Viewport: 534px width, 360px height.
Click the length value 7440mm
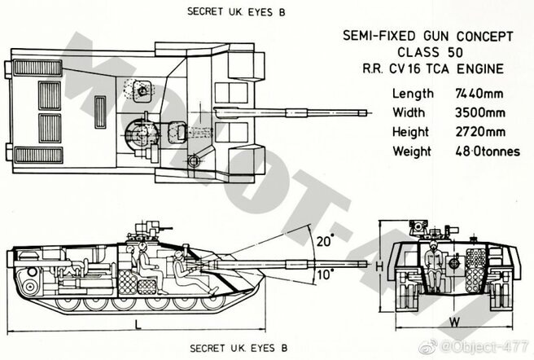pos(479,94)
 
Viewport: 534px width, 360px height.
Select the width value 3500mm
pos(479,112)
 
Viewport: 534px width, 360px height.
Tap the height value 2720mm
pos(480,132)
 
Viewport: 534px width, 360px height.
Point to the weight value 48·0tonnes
pos(488,151)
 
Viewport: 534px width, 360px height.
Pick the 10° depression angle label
pos(325,274)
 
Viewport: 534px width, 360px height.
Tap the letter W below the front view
pos(455,322)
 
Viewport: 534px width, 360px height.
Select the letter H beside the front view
pos(379,266)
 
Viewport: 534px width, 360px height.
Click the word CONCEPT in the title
pos(484,36)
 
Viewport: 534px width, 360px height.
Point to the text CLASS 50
pos(430,52)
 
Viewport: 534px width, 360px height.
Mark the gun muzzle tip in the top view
pos(367,112)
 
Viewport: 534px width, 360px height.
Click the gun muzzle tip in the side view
pos(367,264)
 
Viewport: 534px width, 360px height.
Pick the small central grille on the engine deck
pos(100,112)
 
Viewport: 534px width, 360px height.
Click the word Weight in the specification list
pos(412,151)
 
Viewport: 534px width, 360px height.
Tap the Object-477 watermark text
pos(484,347)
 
